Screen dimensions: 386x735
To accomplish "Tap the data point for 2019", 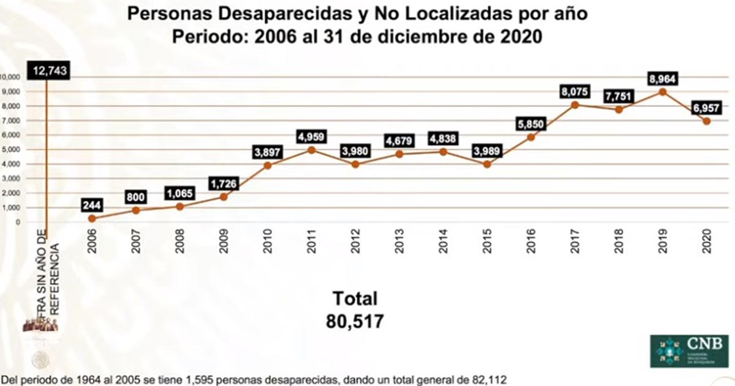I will pos(662,92).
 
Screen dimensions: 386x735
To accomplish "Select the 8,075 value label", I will pos(574,92).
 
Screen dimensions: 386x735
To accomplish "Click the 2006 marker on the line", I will pos(92,218).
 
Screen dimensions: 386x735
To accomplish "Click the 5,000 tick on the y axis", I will pos(11,149).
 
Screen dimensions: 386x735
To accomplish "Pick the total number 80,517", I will pos(355,321).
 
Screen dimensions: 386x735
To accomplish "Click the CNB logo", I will pos(690,350).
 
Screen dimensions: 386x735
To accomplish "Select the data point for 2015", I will pos(487,164).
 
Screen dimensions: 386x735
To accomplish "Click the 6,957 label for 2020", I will pos(706,107).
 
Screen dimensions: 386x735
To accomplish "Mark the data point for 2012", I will pos(355,164).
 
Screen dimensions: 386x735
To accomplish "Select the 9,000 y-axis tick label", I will pos(11,92).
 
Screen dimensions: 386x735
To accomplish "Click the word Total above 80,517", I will pos(355,298).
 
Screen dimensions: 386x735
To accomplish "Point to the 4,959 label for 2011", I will pos(311,135).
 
